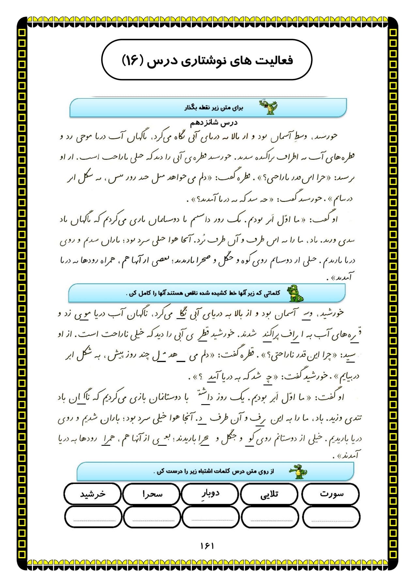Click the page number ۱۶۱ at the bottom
pos(207,546)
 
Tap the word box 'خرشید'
pos(93,494)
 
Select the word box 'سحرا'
pos(152,494)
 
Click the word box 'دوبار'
pos(210,494)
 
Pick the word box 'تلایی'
pos(269,494)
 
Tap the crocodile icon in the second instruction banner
pos(296,293)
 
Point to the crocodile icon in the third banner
pos(298,472)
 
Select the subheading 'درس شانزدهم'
pos(214,123)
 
